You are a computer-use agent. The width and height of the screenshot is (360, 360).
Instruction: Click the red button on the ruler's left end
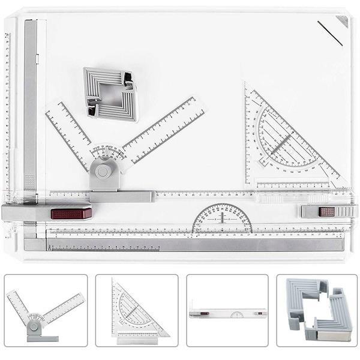[x=71, y=213]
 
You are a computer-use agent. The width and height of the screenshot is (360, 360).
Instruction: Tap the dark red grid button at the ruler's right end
[x=327, y=211]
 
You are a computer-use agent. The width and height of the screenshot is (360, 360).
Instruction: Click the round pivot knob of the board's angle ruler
[x=103, y=171]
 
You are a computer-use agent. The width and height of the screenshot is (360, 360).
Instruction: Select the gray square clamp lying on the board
[x=110, y=94]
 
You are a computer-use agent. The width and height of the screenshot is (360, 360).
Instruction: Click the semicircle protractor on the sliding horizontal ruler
[x=222, y=219]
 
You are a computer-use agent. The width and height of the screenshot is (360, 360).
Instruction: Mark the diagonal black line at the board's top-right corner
[x=330, y=34]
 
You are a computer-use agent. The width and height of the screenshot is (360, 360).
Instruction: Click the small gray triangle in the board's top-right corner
[x=343, y=21]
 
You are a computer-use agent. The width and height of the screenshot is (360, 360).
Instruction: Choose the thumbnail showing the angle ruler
[x=46, y=310]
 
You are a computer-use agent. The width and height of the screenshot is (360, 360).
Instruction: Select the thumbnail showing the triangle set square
[x=137, y=310]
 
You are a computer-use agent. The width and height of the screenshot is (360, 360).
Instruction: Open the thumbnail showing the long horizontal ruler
[x=227, y=310]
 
